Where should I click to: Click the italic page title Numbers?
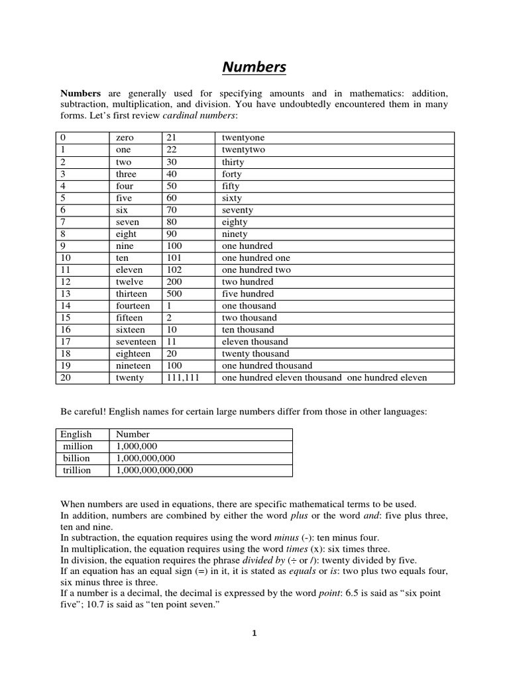click(254, 67)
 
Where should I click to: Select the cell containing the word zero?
click(125, 138)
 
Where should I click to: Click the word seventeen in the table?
click(136, 342)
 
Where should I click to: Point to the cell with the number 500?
click(174, 294)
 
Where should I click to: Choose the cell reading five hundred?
click(248, 294)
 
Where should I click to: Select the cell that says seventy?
click(237, 210)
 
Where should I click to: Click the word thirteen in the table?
click(131, 294)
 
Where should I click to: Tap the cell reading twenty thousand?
click(254, 354)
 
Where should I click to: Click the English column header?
click(76, 434)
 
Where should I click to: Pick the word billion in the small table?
click(76, 458)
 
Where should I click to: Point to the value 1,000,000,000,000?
click(154, 470)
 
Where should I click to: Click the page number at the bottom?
click(254, 633)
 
